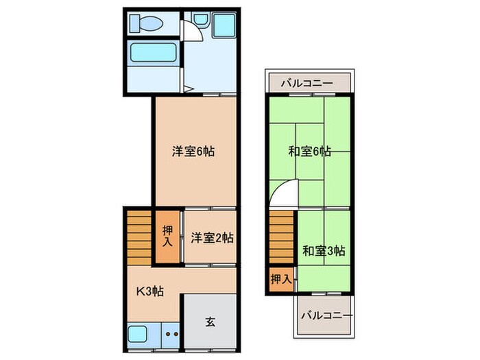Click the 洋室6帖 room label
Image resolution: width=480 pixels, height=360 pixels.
[x=193, y=152]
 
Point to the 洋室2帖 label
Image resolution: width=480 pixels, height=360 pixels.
[x=212, y=238]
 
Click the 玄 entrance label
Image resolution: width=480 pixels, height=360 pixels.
[x=211, y=322]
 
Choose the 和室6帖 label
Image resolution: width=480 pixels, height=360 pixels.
[x=310, y=152]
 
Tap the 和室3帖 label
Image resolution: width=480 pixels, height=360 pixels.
[x=324, y=250]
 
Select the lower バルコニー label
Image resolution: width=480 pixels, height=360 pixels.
[x=327, y=317]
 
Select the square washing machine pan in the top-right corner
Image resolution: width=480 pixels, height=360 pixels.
[x=224, y=25]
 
